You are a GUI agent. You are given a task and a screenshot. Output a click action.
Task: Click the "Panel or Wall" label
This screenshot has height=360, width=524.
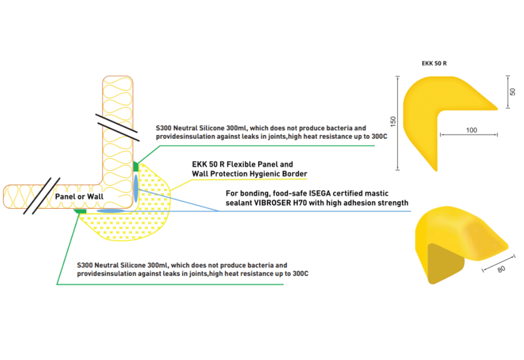click(x=79, y=196)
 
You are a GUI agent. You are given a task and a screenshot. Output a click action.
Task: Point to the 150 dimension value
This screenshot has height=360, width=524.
click(x=393, y=122)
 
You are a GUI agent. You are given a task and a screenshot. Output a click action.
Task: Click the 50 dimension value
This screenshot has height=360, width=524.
click(x=513, y=92)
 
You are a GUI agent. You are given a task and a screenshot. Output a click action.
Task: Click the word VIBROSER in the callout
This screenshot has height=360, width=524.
click(x=281, y=203)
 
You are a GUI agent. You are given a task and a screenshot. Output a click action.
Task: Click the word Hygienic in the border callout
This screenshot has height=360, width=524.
click(x=263, y=174)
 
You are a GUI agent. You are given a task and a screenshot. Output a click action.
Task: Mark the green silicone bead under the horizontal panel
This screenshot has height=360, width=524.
click(x=80, y=210)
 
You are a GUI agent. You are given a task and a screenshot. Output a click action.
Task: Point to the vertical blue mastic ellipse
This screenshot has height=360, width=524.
click(x=136, y=188)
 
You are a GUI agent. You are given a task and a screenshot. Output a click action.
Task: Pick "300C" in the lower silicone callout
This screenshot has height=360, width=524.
click(x=299, y=274)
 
